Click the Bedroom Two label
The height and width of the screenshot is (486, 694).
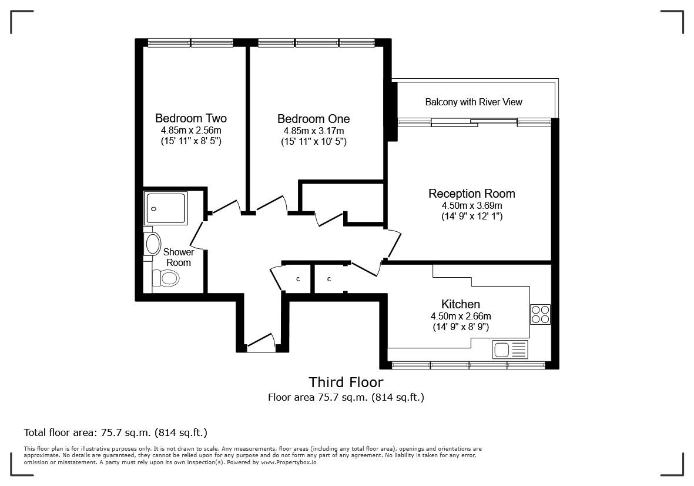(190, 118)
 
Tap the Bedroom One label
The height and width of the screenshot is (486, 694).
(313, 119)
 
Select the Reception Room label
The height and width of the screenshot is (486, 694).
(471, 194)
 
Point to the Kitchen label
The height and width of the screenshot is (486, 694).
(460, 304)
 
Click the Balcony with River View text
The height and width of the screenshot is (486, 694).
(473, 102)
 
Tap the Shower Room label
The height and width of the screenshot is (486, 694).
(178, 258)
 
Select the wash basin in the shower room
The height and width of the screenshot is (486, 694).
(153, 244)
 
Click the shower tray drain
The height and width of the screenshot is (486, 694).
(154, 208)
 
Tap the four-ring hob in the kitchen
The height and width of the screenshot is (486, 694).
(540, 314)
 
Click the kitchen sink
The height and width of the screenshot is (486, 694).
(502, 349)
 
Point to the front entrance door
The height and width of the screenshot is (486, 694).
(260, 342)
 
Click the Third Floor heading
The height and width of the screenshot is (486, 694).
(346, 382)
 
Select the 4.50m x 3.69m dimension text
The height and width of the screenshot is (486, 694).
(471, 206)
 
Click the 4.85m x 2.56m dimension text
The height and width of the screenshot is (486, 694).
(190, 131)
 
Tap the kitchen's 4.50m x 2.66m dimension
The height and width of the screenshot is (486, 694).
(460, 316)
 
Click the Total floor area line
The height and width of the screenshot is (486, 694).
(115, 432)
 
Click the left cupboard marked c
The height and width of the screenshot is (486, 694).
(298, 279)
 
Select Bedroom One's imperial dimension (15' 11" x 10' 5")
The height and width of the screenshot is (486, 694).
(313, 142)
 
